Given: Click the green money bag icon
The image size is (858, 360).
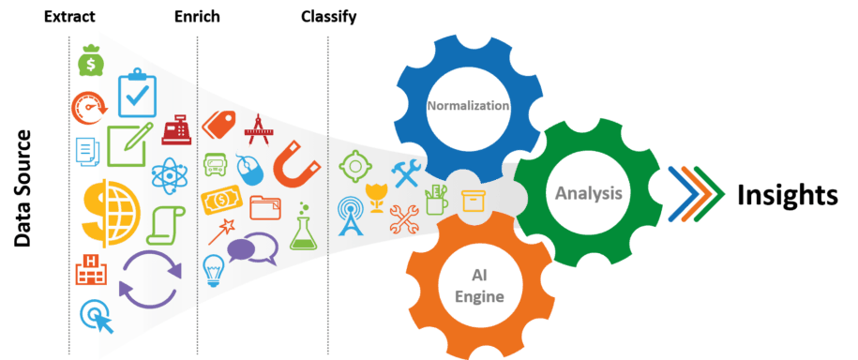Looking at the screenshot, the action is click(92, 62).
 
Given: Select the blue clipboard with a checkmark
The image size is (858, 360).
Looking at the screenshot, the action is click(137, 94).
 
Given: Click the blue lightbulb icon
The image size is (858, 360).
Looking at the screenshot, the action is click(213, 270).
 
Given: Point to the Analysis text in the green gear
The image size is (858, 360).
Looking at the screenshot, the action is click(588, 193).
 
